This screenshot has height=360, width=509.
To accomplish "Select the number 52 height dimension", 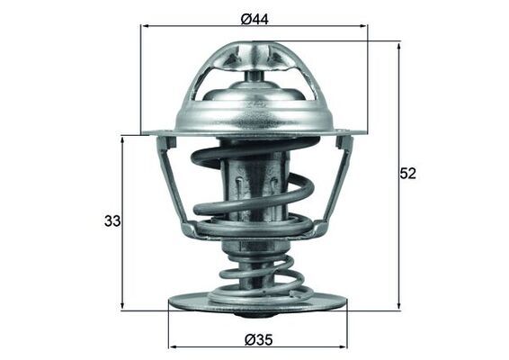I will coord(408,174).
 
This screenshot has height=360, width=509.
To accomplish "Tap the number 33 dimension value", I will coord(112,220).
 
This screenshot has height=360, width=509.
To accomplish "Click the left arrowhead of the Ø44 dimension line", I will coord(146,27).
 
